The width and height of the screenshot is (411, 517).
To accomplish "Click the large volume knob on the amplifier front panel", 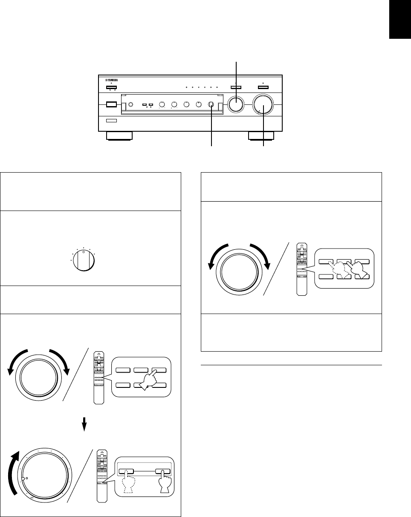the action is tap(263, 104).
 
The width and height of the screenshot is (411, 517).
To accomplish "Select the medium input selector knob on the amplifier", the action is tap(236, 104).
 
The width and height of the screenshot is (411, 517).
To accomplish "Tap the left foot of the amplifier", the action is tap(119, 136).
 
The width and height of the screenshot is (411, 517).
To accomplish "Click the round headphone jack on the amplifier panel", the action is tap(131, 104).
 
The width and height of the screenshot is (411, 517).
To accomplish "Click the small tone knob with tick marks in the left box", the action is tap(83, 260).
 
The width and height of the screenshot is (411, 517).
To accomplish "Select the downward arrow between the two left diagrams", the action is tap(84, 423).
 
